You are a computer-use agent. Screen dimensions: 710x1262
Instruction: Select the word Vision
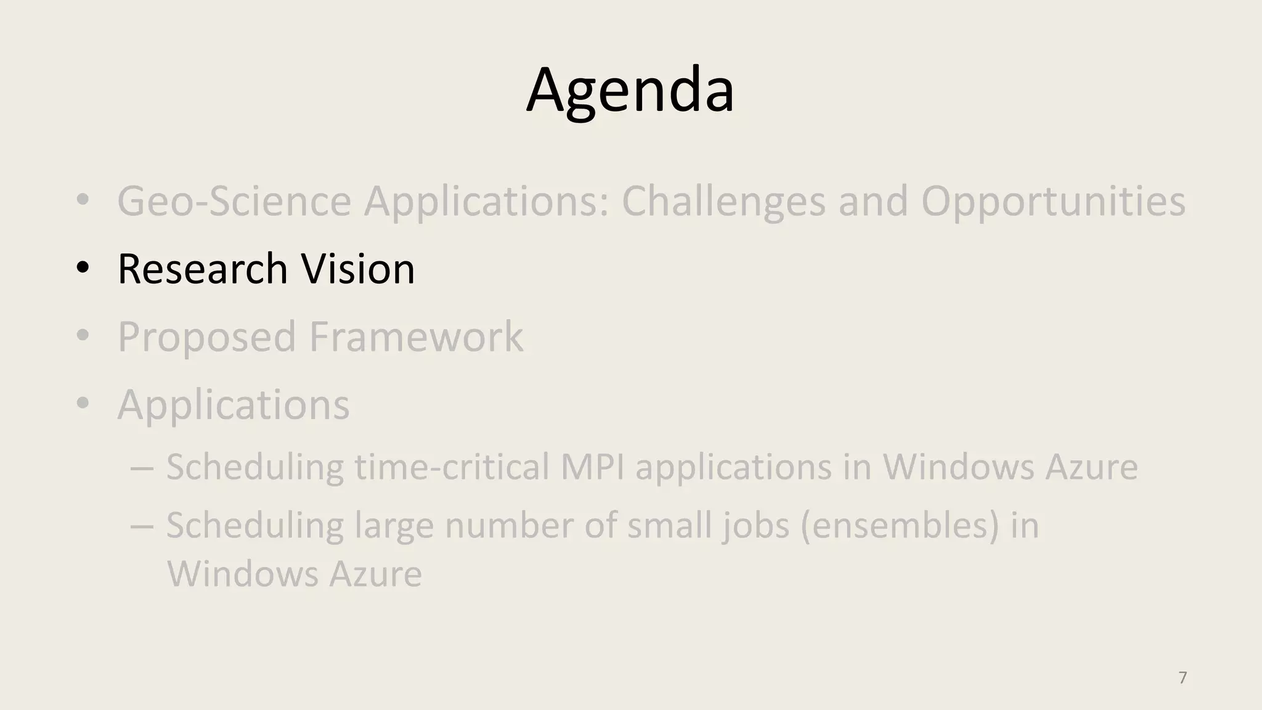click(358, 269)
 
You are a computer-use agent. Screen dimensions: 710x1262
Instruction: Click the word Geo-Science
click(234, 202)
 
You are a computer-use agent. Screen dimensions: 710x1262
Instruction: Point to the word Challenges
click(723, 202)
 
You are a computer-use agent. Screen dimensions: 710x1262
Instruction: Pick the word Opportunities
click(1053, 202)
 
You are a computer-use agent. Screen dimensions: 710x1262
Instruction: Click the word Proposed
click(206, 337)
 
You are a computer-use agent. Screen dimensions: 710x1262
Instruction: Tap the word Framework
click(416, 337)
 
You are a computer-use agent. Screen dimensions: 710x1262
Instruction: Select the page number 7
click(1183, 677)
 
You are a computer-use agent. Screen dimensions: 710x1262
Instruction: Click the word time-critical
click(452, 467)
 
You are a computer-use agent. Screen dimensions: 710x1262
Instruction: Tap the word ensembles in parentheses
click(900, 526)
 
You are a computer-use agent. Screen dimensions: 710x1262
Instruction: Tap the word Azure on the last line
click(375, 574)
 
